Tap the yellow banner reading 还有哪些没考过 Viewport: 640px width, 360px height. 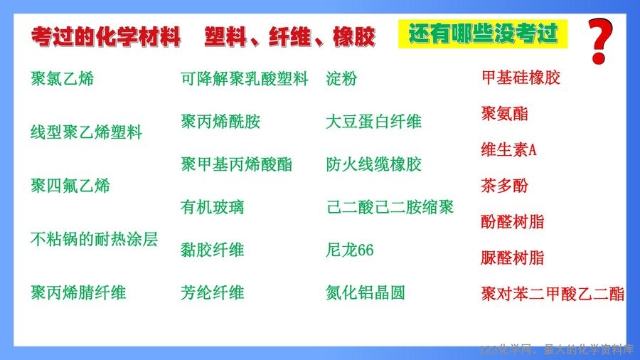[483, 34]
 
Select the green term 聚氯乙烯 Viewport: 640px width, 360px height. [62, 78]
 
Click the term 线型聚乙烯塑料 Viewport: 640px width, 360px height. [86, 132]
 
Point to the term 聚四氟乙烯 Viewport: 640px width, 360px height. [70, 186]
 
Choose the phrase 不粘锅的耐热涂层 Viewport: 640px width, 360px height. [95, 239]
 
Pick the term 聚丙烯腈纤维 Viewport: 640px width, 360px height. [78, 292]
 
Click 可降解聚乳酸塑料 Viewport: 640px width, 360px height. [245, 79]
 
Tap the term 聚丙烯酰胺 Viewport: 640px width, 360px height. [220, 121]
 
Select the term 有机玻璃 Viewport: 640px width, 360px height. [212, 207]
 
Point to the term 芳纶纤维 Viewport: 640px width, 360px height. [212, 292]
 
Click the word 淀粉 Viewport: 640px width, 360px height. [341, 79]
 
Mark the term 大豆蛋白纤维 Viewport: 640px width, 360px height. [373, 121]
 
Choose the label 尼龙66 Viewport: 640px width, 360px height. [350, 250]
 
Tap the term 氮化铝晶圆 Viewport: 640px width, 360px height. [366, 292]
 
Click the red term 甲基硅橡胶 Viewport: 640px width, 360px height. [521, 78]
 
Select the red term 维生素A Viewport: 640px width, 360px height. [508, 150]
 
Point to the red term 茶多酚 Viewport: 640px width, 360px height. [505, 186]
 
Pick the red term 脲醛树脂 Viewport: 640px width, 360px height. [513, 258]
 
